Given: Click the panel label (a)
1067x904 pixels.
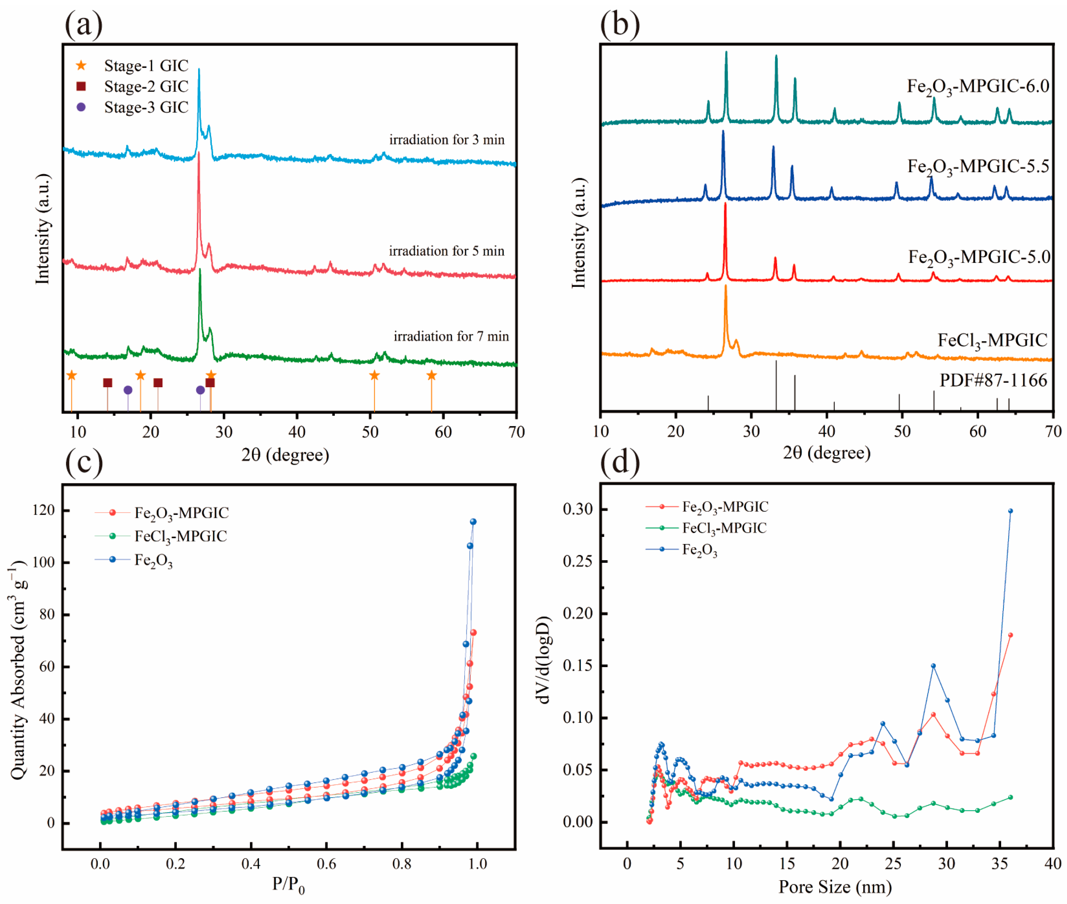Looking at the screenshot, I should click(84, 24).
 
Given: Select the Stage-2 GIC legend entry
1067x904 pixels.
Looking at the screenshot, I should click(145, 86).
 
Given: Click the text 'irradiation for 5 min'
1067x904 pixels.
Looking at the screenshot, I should click(446, 251).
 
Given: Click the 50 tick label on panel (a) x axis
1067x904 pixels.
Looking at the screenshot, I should click(370, 432).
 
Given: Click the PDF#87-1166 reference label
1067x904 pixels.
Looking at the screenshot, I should click(993, 380).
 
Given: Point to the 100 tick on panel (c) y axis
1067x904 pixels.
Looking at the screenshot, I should click(43, 562).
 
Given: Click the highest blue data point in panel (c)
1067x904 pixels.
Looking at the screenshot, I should click(473, 522).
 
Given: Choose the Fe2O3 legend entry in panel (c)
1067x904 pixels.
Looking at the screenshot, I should click(153, 561).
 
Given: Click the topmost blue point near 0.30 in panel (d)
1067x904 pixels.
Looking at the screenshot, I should click(1010, 511).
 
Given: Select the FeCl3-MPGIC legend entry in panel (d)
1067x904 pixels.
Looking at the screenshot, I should click(724, 528).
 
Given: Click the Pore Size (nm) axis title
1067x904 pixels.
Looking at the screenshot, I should click(835, 887).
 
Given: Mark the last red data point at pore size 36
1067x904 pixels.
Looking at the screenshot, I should click(1010, 635).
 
